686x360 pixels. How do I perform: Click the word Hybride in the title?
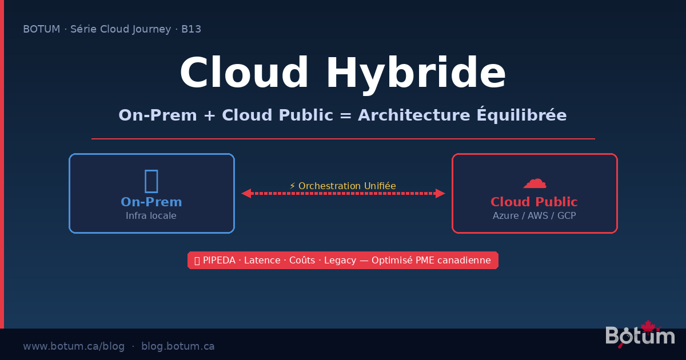click(416, 73)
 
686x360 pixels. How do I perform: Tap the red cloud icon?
click(535, 182)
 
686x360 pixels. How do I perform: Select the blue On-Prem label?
click(151, 202)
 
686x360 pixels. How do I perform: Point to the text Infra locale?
click(151, 216)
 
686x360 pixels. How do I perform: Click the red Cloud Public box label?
click(534, 202)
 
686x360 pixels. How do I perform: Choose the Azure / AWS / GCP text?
click(534, 216)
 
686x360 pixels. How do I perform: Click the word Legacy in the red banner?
click(340, 261)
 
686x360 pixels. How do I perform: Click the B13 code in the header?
click(191, 29)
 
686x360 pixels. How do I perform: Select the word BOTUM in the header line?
click(41, 29)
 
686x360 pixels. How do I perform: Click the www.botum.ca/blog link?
click(74, 346)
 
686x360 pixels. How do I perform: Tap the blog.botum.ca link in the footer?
click(178, 346)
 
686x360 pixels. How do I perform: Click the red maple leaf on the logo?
click(647, 326)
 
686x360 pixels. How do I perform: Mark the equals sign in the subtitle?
click(345, 115)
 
